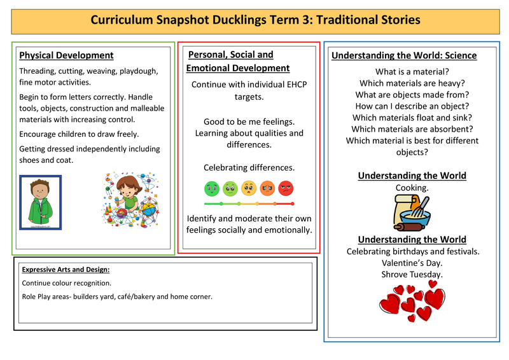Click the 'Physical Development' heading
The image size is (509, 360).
(66, 55)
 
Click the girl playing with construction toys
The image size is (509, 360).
(131, 198)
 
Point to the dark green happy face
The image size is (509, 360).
(211, 188)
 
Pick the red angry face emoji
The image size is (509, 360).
(286, 188)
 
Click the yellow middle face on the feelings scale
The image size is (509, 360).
(249, 188)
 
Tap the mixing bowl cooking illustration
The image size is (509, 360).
(412, 212)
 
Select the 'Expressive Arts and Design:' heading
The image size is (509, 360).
(61, 269)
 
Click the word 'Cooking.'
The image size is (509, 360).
(412, 188)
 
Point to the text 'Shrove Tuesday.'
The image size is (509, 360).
(412, 274)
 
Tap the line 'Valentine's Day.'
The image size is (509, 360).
(412, 263)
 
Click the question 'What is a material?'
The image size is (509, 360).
(412, 71)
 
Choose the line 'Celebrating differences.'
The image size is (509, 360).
(249, 167)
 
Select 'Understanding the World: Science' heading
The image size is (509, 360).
(403, 55)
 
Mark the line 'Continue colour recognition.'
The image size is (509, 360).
(66, 283)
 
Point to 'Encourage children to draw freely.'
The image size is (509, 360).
(79, 134)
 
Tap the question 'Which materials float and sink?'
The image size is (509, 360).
(412, 118)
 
